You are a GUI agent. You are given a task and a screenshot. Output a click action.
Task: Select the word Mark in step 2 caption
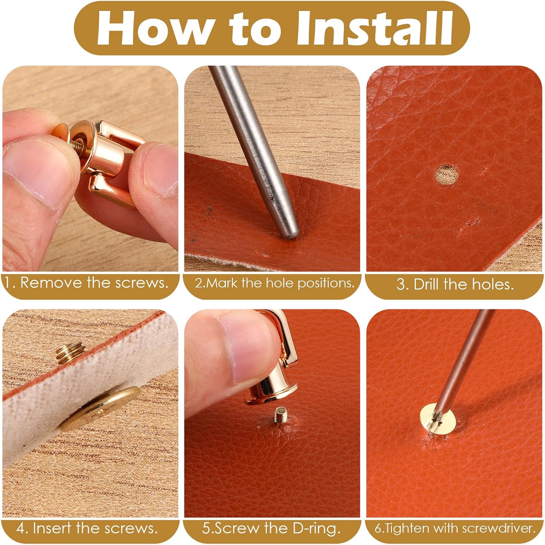click(222, 283)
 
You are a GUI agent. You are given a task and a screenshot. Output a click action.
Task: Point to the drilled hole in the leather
click(447, 174)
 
